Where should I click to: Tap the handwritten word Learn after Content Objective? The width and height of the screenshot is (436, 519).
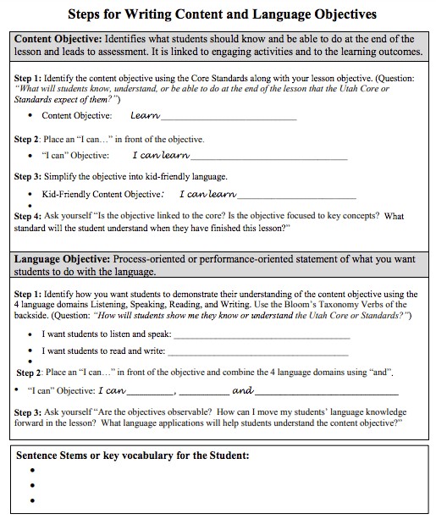coord(146,115)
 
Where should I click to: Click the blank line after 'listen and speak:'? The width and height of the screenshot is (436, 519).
coord(261,335)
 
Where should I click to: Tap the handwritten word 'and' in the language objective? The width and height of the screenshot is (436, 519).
coord(242,391)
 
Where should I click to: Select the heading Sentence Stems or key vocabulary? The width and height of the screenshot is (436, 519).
coord(133,455)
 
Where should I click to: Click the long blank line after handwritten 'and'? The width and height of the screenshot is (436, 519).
coord(326,392)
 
